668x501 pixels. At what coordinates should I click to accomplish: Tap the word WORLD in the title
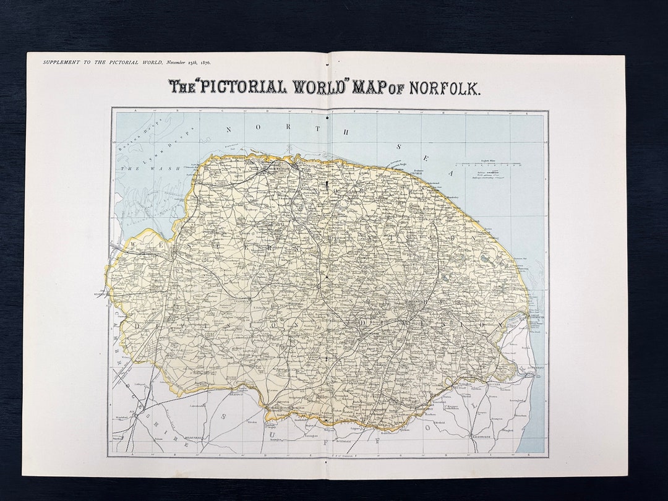coord(319,87)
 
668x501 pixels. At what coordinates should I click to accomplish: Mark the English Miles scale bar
coord(488,165)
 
